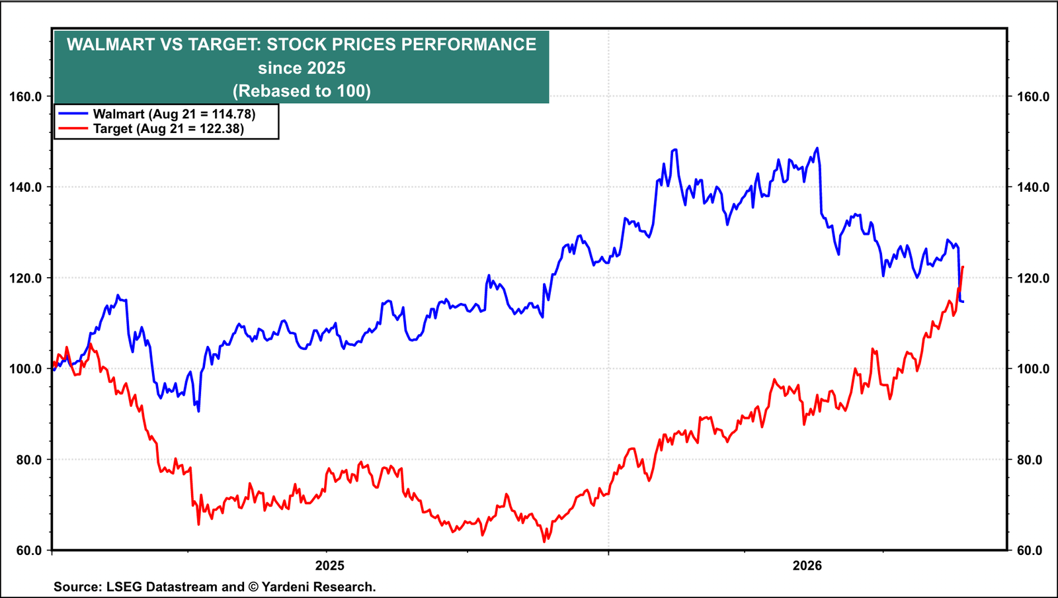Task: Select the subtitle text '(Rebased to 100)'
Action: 302,91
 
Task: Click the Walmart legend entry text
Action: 175,114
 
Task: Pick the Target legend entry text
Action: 169,128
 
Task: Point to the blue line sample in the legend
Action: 73,113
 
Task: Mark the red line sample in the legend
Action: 73,128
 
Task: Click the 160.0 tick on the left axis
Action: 26,97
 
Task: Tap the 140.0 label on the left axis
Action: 26,187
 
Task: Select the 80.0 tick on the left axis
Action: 29,460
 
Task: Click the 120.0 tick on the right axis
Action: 1033,278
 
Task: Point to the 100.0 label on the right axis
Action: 1033,369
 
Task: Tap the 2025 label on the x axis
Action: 330,566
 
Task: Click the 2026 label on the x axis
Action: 807,566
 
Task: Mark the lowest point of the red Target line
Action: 544,542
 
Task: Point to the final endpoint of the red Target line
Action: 963,267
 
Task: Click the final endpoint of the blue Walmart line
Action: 963,302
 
